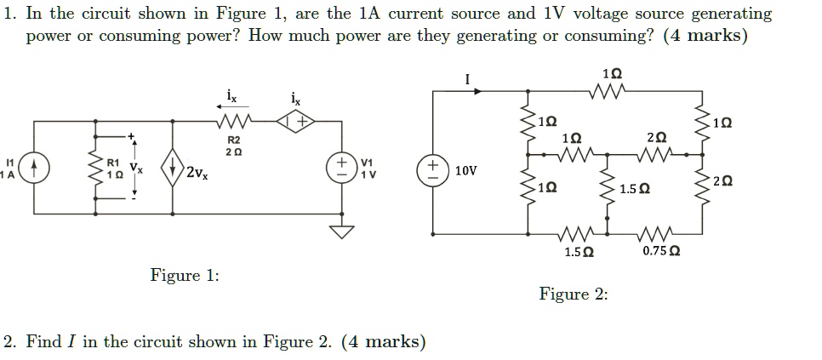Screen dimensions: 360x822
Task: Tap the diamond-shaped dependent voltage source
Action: coord(298,123)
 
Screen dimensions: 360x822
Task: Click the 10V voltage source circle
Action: coord(433,169)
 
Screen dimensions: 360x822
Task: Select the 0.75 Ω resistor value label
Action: coord(660,251)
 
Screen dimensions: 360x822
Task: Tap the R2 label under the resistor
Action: coord(234,139)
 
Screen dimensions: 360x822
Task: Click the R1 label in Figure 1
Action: coord(112,161)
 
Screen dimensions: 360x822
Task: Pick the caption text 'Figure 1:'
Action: coord(185,275)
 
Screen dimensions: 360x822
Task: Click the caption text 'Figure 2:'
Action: coord(574,294)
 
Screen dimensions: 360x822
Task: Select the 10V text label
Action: coord(465,170)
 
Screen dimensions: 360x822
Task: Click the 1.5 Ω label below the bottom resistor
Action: coord(579,251)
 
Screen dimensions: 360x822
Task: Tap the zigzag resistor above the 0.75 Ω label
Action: coord(657,231)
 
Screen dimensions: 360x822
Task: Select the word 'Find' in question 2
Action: coord(43,342)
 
